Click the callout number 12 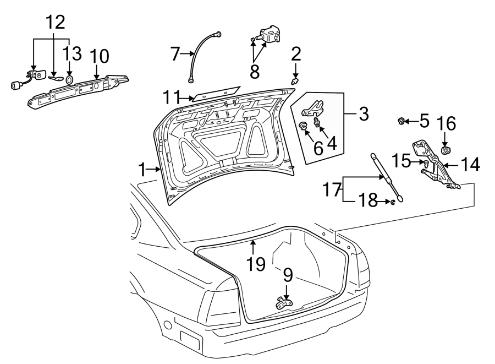click(56, 22)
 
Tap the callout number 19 click(256, 264)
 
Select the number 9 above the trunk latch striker click(288, 275)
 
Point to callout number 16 click(446, 123)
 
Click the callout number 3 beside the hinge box click(364, 113)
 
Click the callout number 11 click(172, 97)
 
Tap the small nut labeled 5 click(401, 121)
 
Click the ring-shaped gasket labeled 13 click(70, 79)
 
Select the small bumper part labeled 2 click(295, 82)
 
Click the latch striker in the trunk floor click(284, 303)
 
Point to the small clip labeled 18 click(392, 202)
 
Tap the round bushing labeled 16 click(446, 150)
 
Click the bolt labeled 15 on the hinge click(426, 164)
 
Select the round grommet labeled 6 click(302, 126)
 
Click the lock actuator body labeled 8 click(268, 35)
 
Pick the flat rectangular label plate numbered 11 click(216, 93)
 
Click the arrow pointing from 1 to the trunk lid click(155, 170)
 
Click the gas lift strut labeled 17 click(388, 177)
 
